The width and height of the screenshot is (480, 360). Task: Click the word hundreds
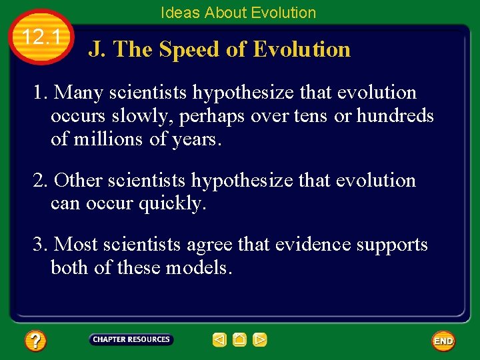(x=395, y=116)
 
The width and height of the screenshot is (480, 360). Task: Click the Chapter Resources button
(x=131, y=340)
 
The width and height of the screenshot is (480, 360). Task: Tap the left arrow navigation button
(x=219, y=340)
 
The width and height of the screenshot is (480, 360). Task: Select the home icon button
(x=240, y=340)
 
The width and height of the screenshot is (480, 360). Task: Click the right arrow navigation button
(x=260, y=340)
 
